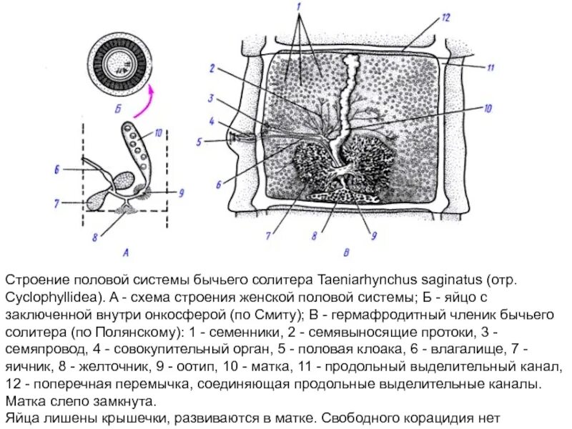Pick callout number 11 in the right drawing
491,68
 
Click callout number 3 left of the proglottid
212,98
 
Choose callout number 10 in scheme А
159,132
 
